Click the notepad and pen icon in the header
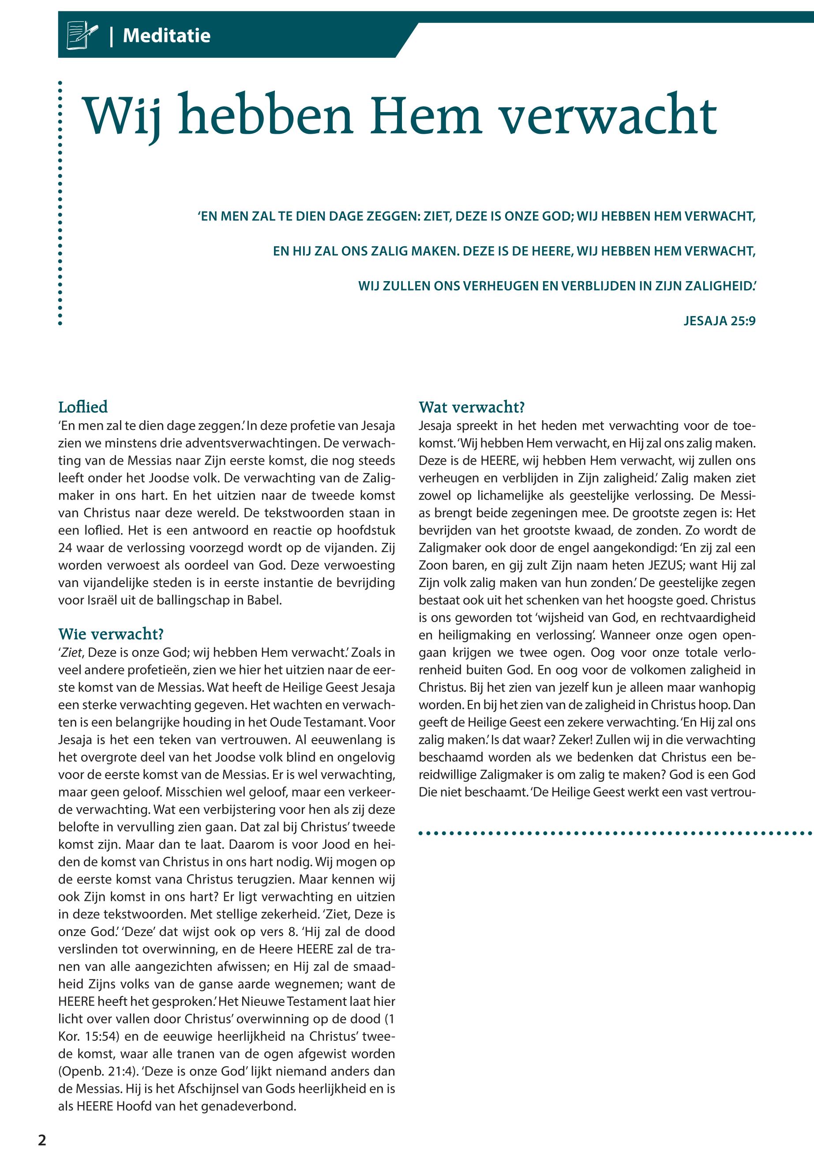[x=82, y=36]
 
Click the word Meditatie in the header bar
[x=166, y=36]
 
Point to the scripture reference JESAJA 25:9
[x=719, y=321]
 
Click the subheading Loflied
[x=83, y=407]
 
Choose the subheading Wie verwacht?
[x=111, y=634]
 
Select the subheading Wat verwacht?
[x=471, y=407]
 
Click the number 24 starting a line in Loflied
[x=65, y=548]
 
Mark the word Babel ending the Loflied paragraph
[x=265, y=600]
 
